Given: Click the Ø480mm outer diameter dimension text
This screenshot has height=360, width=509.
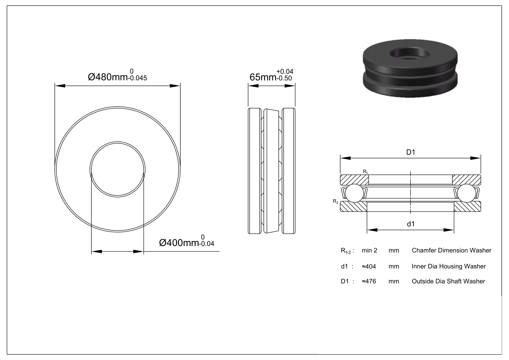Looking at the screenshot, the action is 108,77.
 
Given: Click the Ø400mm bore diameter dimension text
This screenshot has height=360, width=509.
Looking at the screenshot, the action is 179,243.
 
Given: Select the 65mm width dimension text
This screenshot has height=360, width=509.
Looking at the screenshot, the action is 263,77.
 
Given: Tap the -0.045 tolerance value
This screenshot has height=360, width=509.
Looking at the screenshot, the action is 138,78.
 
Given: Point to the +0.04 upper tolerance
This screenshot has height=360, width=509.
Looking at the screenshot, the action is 285,72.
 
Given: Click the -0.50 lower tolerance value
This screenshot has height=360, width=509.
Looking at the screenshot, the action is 284,78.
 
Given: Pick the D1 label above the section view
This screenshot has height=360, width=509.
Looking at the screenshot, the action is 410,152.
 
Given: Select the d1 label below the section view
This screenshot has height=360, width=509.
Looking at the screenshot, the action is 410,224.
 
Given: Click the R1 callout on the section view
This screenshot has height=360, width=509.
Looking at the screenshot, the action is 365,172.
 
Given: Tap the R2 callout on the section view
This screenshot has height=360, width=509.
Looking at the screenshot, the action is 336,201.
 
